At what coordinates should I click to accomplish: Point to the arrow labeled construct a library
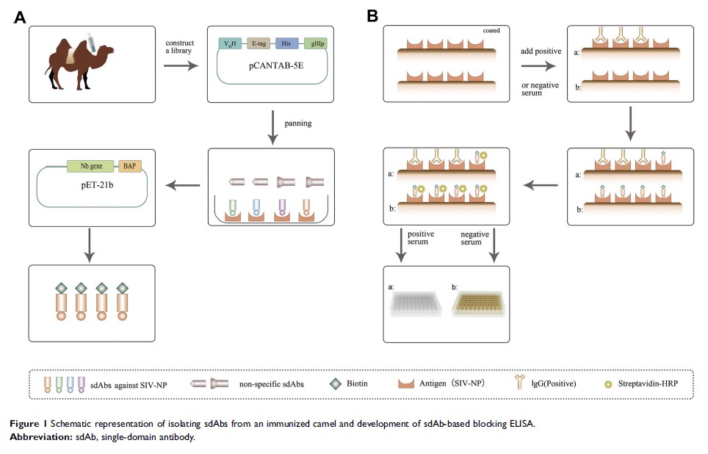coord(181,65)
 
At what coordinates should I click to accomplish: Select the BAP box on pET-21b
coord(132,167)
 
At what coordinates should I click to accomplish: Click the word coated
coord(492,30)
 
